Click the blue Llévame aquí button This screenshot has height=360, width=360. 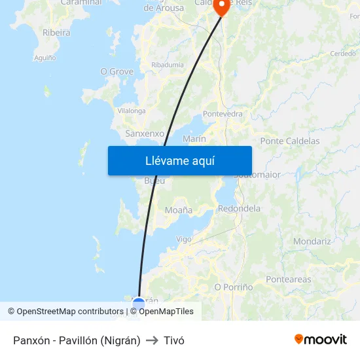[180, 160]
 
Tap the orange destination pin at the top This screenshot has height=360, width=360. [221, 7]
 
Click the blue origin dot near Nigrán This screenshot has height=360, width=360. [139, 303]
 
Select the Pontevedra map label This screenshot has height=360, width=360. [223, 114]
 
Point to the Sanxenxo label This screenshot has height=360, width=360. [145, 133]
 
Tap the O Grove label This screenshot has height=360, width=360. [117, 71]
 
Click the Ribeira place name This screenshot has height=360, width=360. [56, 32]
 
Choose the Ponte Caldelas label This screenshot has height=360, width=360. [290, 141]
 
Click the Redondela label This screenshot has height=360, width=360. [239, 209]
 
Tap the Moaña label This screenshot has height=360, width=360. [179, 210]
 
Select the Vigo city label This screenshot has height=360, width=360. [184, 240]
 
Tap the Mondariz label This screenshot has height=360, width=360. [312, 242]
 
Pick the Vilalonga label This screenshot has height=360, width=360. [131, 111]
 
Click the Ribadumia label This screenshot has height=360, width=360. [168, 65]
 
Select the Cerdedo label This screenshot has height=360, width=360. [343, 54]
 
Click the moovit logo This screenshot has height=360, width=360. [320, 340]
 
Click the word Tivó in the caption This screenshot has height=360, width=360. [174, 340]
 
